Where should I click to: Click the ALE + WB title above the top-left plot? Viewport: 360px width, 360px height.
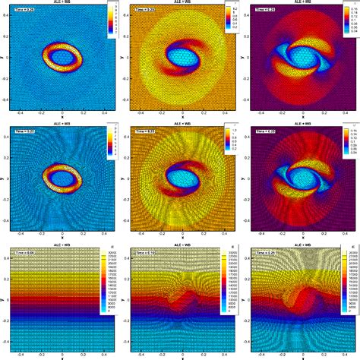62,3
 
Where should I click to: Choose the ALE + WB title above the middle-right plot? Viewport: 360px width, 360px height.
302,124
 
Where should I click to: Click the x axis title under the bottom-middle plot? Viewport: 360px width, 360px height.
182,358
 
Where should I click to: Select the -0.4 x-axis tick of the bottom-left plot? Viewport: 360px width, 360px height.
21,352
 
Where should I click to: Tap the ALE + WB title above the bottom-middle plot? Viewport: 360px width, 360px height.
182,245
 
